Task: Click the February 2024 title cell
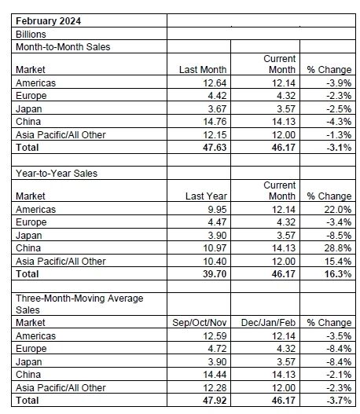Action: (x=48, y=21)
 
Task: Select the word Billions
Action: (x=31, y=35)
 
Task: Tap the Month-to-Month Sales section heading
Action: (x=63, y=47)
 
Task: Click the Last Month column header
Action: (x=203, y=70)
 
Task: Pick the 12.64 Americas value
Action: (x=215, y=83)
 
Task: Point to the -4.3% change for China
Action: (x=339, y=122)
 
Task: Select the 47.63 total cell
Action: (x=215, y=148)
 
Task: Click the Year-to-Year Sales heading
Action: (x=57, y=174)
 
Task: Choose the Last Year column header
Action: (x=206, y=196)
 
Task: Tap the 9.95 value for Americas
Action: (x=217, y=210)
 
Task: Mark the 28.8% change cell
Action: (x=338, y=248)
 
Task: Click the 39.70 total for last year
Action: (x=215, y=274)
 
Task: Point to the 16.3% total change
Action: (x=338, y=274)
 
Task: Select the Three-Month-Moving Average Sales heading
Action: (x=79, y=304)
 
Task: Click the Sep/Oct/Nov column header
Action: (x=200, y=323)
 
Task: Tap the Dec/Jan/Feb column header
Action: (x=268, y=323)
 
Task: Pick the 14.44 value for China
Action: (x=215, y=375)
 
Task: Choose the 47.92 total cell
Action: (x=215, y=401)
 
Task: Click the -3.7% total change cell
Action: (x=339, y=401)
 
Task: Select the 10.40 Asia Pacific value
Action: (x=215, y=262)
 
